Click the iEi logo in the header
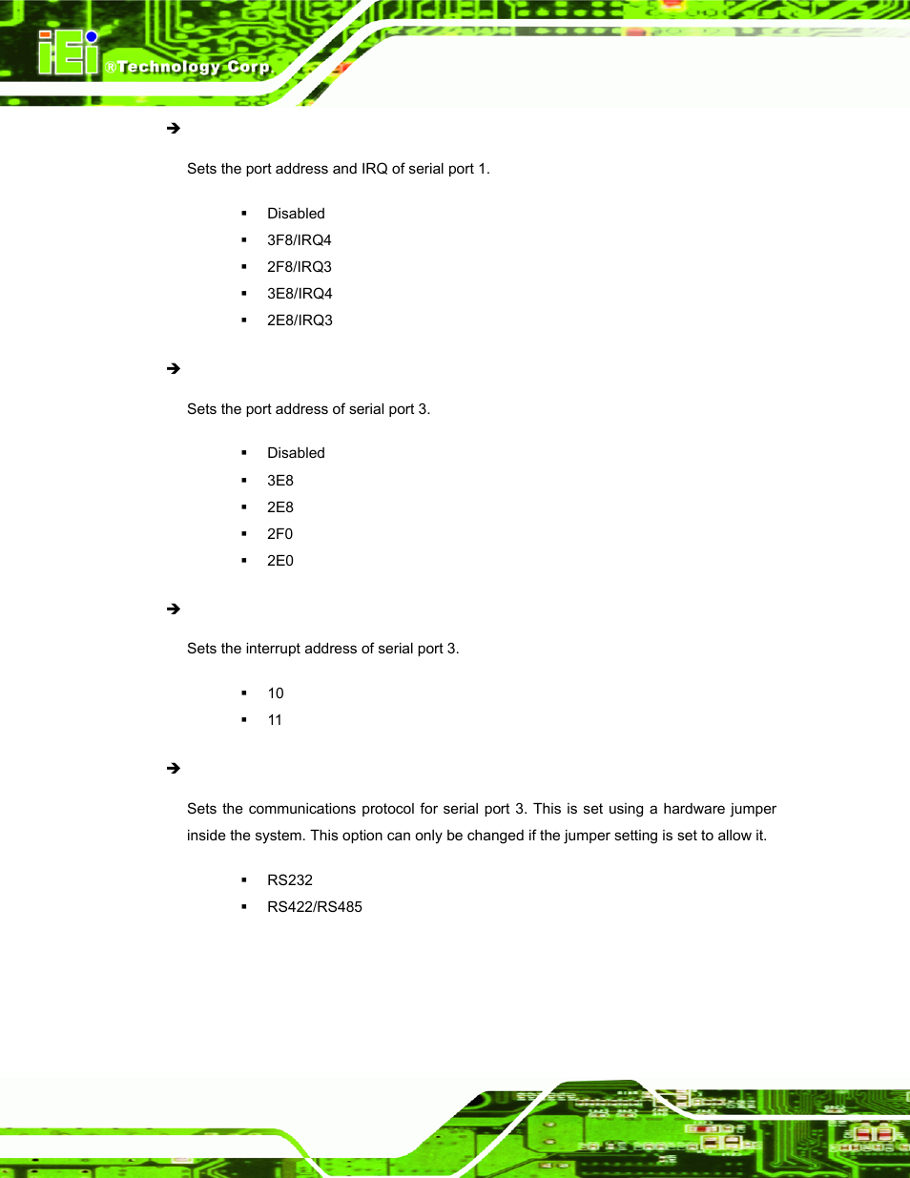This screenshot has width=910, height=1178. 68,53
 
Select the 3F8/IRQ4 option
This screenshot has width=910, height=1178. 299,240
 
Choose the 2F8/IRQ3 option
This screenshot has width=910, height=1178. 299,267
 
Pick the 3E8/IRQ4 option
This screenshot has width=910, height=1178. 300,294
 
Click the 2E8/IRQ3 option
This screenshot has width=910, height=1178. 300,320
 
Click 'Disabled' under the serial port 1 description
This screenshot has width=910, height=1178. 296,214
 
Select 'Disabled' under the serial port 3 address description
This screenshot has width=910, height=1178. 296,453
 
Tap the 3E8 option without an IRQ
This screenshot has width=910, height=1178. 279,481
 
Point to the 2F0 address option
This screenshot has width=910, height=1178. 279,534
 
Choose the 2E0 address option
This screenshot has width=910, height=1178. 279,561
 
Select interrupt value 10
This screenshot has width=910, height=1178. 275,693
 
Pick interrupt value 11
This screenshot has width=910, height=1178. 275,720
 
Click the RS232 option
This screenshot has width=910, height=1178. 289,880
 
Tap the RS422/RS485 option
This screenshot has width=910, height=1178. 314,907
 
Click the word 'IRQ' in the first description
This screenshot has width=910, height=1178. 374,169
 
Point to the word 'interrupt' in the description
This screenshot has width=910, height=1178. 275,649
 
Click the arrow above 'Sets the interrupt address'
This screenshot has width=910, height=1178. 174,609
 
